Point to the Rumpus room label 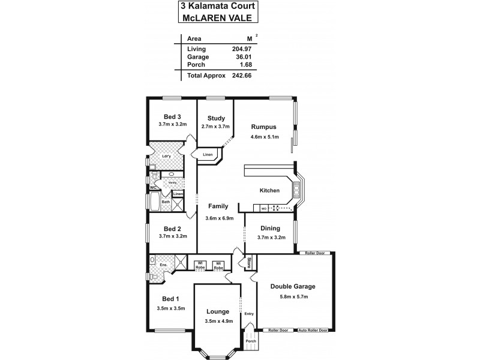coord(263,127)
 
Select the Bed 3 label coord(172,116)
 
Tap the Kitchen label coord(269,191)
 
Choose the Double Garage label coord(293,286)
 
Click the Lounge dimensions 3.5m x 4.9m coord(217,322)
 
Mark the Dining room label coord(271,228)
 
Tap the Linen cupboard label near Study coord(208,155)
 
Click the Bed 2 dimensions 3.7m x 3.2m coord(173,236)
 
